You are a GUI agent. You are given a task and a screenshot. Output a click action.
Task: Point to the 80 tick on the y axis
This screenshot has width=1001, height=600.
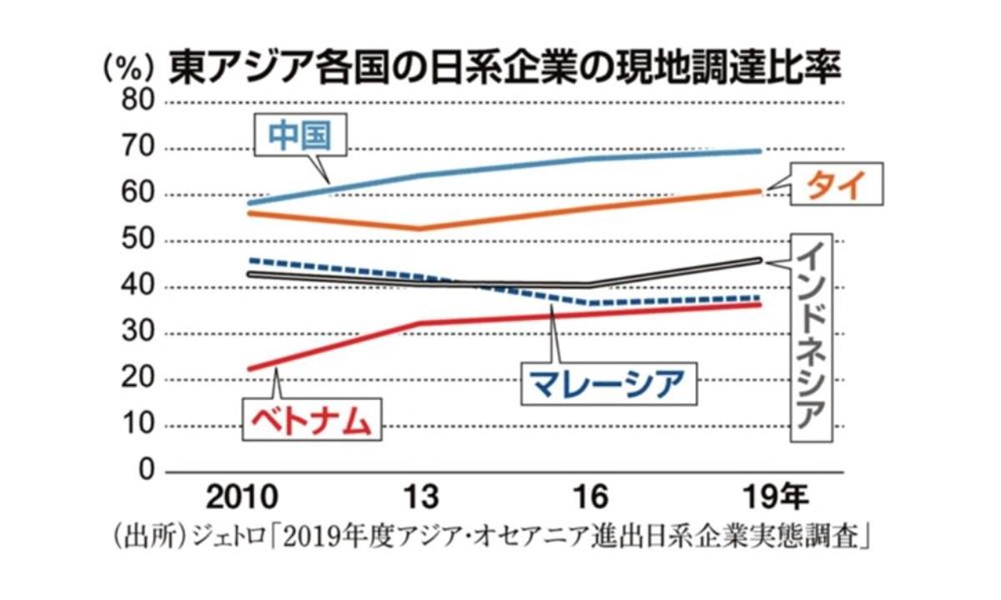138,102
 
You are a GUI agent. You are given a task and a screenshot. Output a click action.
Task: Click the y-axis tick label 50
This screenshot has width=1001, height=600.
138,242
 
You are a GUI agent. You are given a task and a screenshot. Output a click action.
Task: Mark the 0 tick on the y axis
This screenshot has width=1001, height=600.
147,472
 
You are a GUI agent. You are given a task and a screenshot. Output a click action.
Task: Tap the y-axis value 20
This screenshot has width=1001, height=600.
138,380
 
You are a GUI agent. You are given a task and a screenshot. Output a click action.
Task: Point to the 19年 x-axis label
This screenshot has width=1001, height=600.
772,498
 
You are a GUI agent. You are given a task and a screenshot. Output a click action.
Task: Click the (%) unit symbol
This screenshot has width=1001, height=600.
128,67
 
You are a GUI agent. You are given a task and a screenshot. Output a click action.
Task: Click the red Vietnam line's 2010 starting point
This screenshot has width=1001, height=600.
250,368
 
